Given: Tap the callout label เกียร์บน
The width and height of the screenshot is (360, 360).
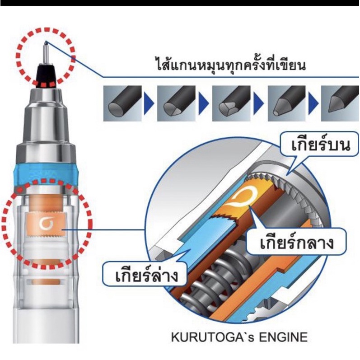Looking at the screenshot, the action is [321, 145].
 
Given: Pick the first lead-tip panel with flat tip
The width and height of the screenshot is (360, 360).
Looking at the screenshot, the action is [122, 103].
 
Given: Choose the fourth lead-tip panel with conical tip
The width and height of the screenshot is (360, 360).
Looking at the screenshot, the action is [287, 103].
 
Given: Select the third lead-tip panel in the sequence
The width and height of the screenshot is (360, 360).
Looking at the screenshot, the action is [231, 103].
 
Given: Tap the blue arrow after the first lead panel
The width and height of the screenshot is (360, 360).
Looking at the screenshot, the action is [149, 103].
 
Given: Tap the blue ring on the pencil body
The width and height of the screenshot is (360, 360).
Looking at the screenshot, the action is [47, 175].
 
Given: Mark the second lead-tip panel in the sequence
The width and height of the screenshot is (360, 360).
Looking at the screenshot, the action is [176, 103].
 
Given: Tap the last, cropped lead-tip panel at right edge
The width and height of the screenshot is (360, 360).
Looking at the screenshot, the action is [340, 103].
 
